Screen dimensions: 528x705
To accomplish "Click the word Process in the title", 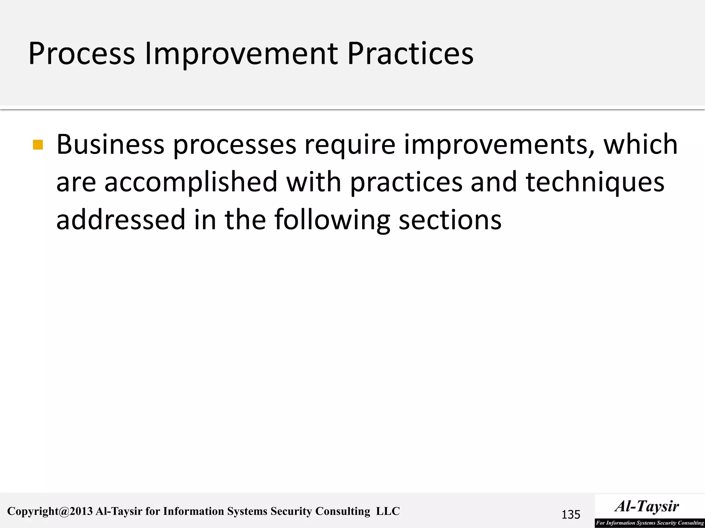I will click(82, 54).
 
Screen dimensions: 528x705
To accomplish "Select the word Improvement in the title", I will click(241, 54).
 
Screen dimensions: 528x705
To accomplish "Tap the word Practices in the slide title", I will click(410, 54).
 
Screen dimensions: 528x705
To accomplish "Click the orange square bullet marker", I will click(38, 145).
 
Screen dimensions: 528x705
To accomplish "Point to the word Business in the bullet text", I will click(110, 144).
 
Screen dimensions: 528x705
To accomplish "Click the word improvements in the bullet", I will click(499, 144).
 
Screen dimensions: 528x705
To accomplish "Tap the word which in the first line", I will click(641, 144).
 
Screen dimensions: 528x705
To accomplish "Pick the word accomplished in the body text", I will click(191, 182).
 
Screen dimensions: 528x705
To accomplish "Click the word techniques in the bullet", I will click(595, 182).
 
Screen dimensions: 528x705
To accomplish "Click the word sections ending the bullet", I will click(450, 220).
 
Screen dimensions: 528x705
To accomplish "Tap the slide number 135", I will click(571, 515).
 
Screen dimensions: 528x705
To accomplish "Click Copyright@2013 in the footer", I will click(50, 511).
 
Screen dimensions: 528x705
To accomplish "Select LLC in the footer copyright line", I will click(388, 511).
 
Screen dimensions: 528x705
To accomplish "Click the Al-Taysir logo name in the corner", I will click(647, 506).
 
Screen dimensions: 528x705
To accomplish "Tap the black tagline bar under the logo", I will click(650, 523).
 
